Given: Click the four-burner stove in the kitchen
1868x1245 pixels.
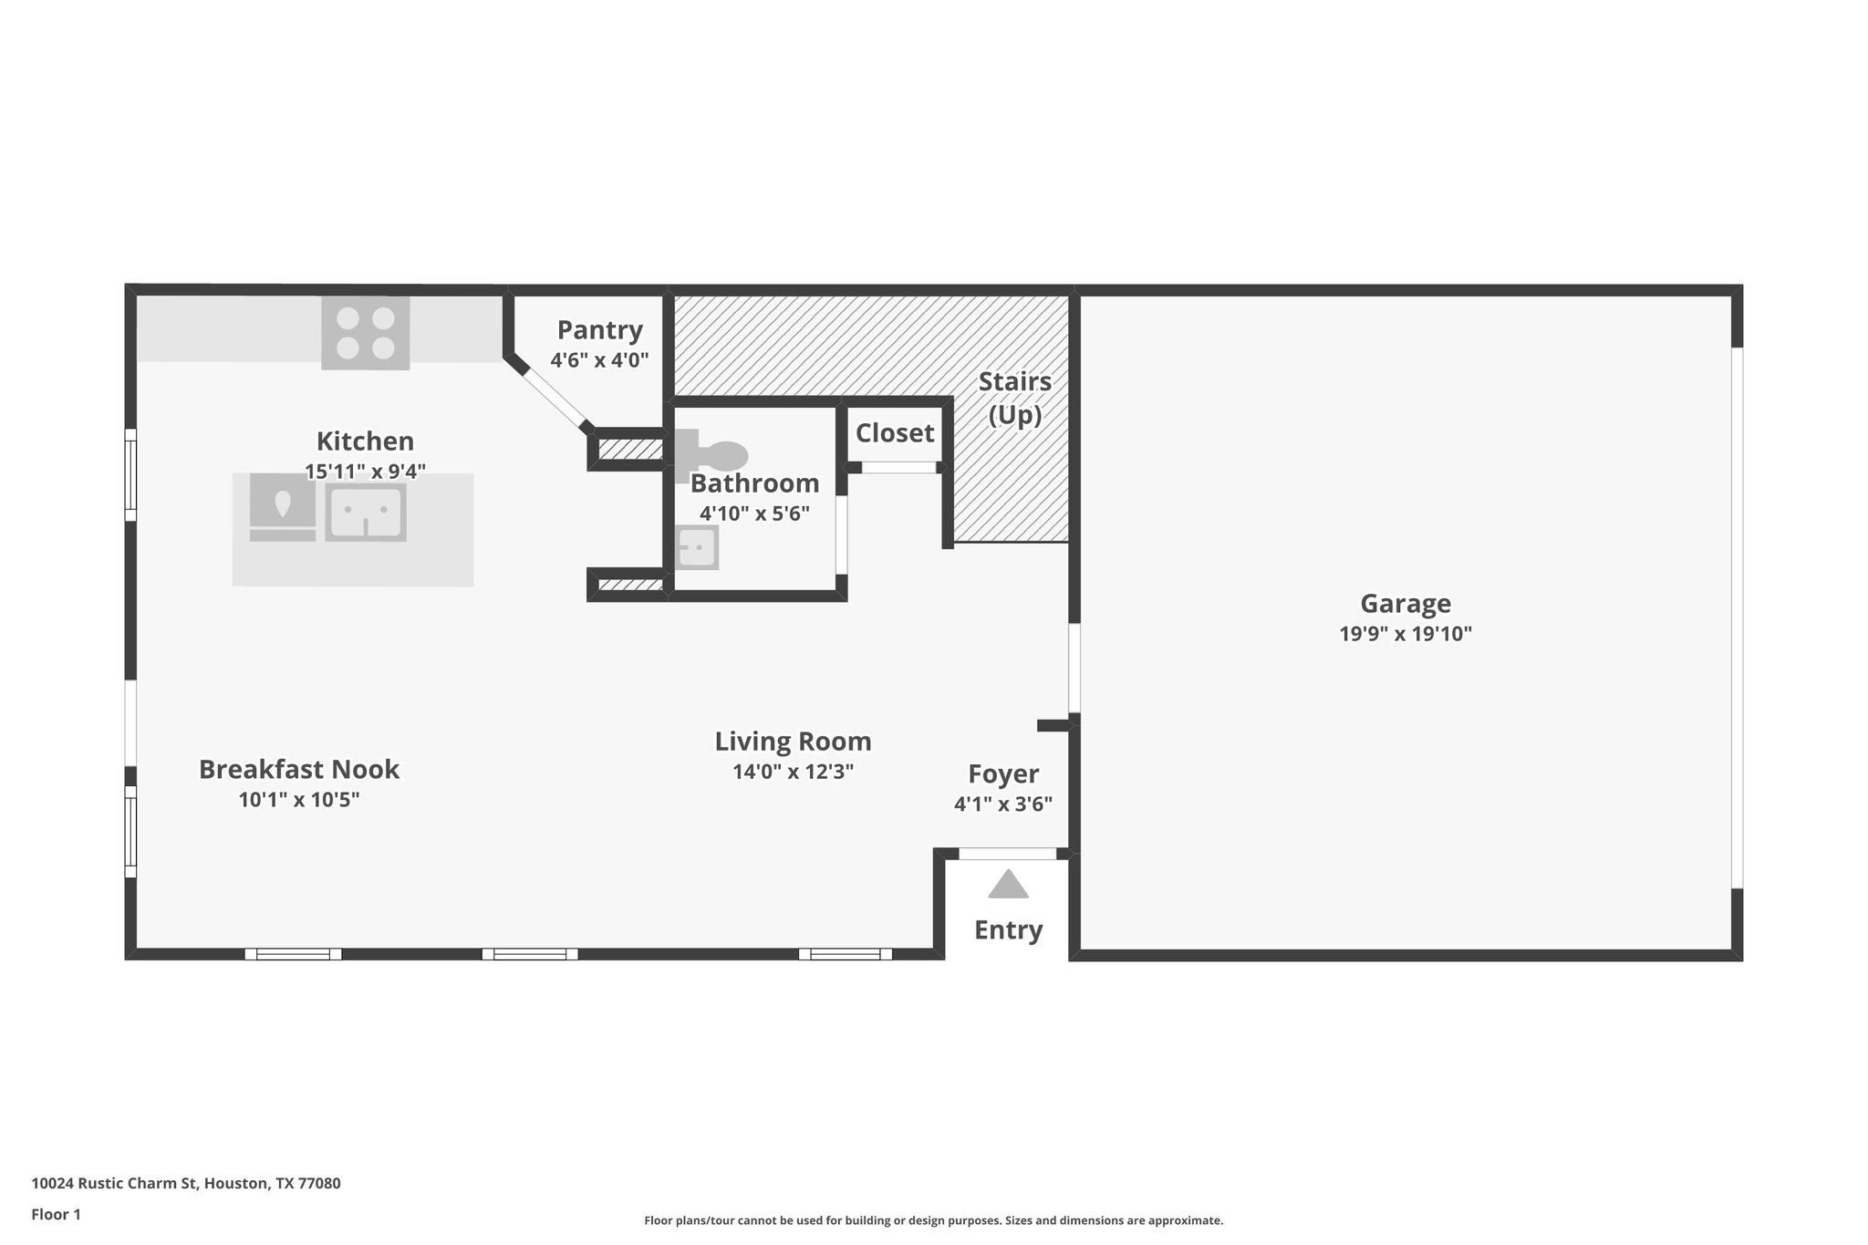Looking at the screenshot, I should click(x=365, y=333).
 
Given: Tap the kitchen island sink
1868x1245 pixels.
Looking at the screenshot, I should click(x=365, y=513).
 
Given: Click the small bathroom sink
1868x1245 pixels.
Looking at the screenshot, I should click(x=698, y=547).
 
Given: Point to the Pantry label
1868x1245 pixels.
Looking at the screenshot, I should click(x=599, y=329).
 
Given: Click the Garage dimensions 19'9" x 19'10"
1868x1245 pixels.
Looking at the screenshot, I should click(x=1405, y=634).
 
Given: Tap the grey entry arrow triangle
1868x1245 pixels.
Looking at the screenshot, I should click(x=1008, y=885).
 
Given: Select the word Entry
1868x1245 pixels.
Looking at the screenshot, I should click(x=1008, y=930).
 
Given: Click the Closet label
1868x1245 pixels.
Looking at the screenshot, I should click(x=894, y=433).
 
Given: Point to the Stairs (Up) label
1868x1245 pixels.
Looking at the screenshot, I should click(x=1014, y=398).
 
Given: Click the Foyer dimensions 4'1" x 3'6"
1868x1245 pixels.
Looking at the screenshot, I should click(x=1003, y=804).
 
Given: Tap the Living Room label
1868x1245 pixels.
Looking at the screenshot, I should click(x=792, y=741).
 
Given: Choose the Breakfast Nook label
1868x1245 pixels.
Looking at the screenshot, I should click(x=298, y=769).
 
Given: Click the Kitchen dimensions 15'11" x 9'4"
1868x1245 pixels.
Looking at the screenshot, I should click(x=365, y=472).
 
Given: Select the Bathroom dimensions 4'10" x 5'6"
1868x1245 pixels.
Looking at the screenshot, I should click(x=754, y=514).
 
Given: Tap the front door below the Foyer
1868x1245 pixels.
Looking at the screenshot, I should click(x=1007, y=854).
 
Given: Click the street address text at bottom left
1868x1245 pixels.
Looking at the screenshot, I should click(x=186, y=1184).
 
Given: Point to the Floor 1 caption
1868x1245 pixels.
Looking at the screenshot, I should click(x=56, y=1214).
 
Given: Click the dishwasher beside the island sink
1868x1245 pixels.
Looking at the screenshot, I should click(x=282, y=507).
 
